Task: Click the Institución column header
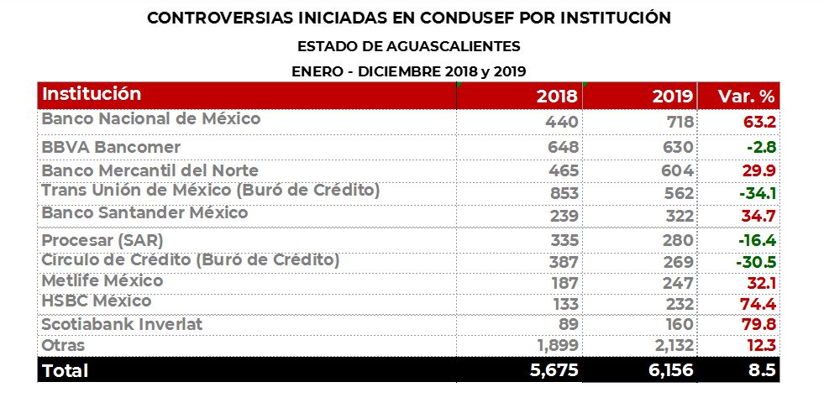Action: [92, 94]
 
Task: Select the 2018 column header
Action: [557, 96]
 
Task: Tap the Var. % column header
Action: [747, 96]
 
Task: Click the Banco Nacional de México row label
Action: [151, 119]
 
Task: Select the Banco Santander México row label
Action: [144, 213]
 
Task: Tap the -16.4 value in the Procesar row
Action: [756, 241]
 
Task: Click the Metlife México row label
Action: [102, 281]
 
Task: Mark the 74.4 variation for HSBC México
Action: [758, 302]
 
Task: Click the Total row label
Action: [66, 369]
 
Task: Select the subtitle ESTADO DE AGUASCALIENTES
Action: [409, 46]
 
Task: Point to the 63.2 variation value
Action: [758, 122]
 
